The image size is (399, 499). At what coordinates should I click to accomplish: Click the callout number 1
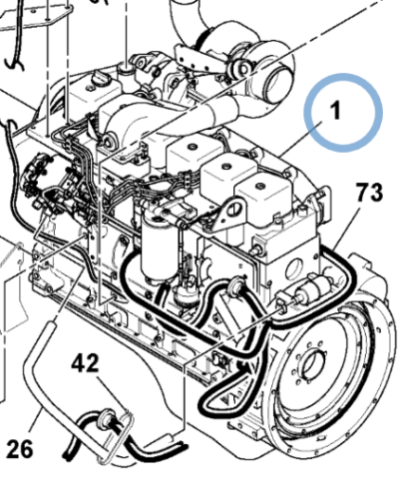tap(336, 110)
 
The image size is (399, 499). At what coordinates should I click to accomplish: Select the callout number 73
tap(369, 192)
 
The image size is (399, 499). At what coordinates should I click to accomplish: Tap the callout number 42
tap(85, 362)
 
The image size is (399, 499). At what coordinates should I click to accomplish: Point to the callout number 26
tap(20, 448)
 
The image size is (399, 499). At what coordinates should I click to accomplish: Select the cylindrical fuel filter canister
tap(158, 247)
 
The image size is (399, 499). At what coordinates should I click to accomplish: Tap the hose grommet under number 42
tap(107, 416)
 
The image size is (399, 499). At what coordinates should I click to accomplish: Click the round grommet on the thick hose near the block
tap(236, 284)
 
